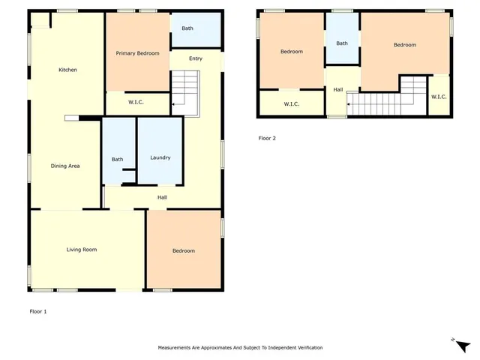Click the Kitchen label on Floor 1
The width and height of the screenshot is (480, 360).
(x=68, y=70)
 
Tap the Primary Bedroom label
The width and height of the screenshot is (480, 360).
(x=137, y=53)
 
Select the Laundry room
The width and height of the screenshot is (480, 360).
(x=160, y=157)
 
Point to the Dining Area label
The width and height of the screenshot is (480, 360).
(x=65, y=166)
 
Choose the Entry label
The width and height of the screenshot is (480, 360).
(x=196, y=58)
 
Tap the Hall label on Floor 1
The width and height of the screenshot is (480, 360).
(x=162, y=197)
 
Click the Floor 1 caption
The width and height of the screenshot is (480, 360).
(x=38, y=310)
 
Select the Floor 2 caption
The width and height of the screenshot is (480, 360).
(x=268, y=138)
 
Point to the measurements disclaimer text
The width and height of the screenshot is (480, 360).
(x=240, y=348)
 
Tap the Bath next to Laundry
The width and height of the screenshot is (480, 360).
(x=118, y=159)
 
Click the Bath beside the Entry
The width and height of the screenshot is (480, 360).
(x=187, y=28)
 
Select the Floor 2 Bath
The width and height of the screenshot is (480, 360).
(x=342, y=43)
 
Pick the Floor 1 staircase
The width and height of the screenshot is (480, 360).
(x=186, y=91)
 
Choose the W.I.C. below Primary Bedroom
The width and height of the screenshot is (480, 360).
(x=136, y=102)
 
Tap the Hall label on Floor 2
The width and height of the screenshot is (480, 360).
(x=338, y=90)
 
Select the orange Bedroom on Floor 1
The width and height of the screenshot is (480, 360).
(x=183, y=250)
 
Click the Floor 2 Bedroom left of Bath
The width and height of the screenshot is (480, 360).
(x=292, y=51)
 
